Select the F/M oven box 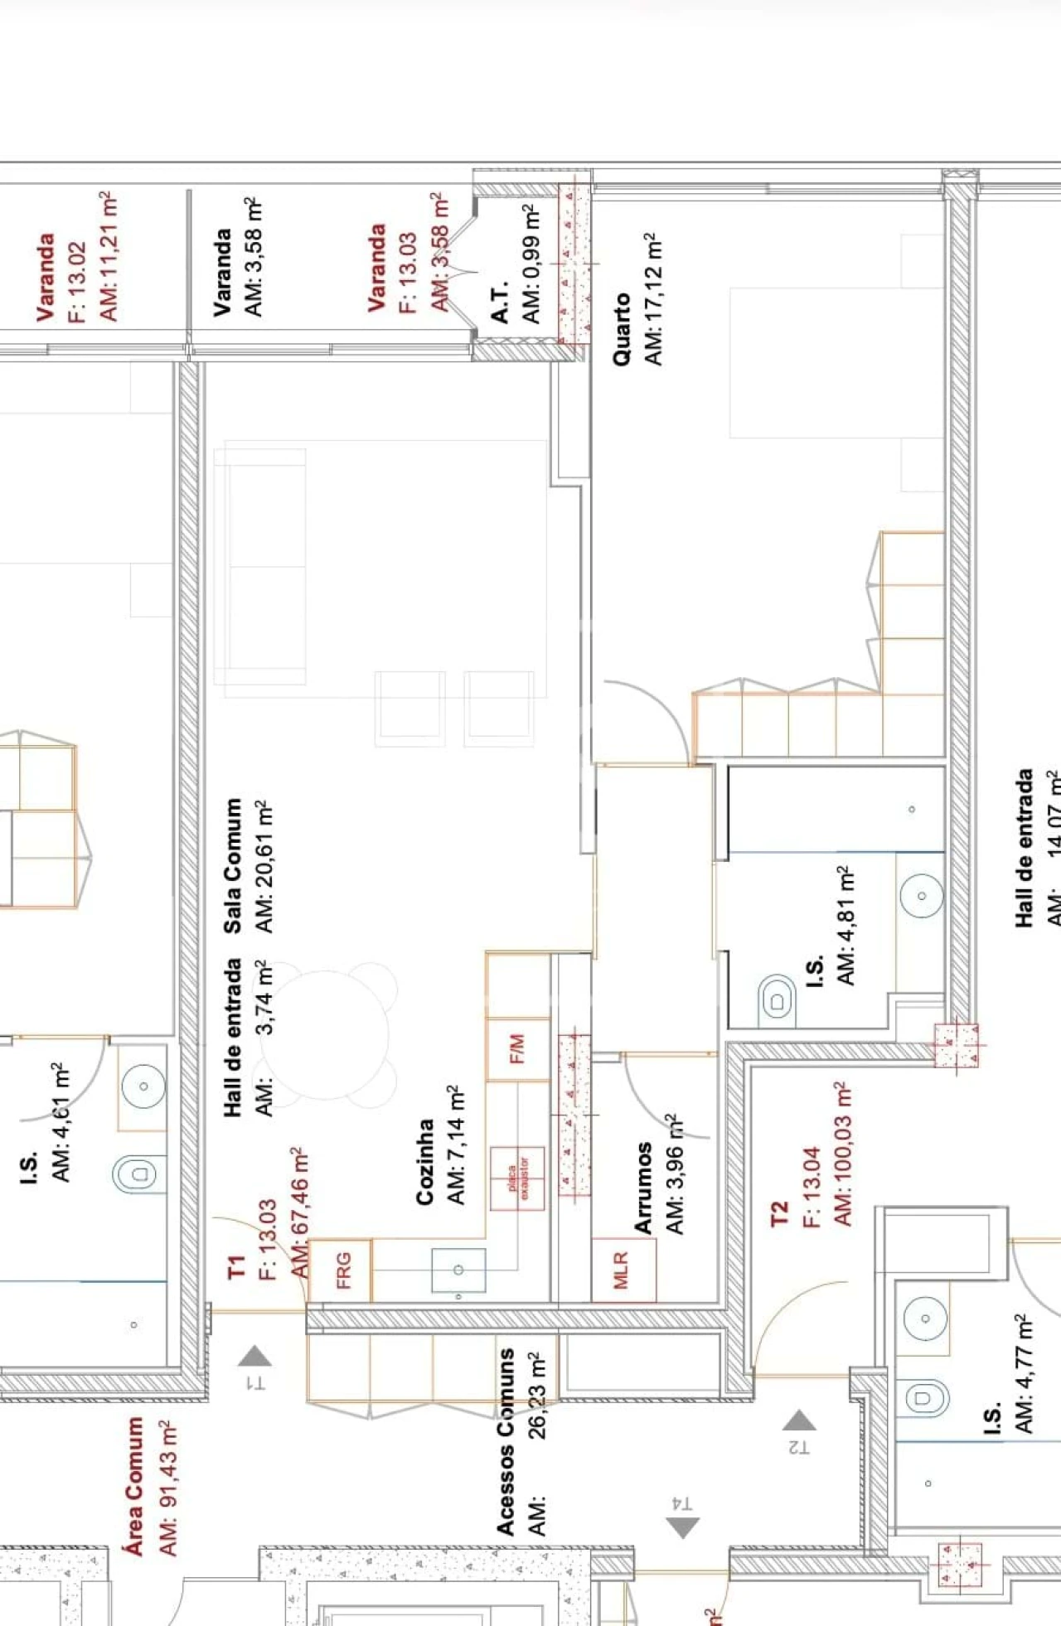(517, 1049)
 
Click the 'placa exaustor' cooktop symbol (517, 1178)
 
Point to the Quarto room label (622, 329)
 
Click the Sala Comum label (233, 865)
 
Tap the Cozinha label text (425, 1161)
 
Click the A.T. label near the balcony (500, 303)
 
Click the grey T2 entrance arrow (799, 1420)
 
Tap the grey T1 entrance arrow (254, 1356)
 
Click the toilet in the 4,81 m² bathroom (777, 1001)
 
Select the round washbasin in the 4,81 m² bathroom (921, 896)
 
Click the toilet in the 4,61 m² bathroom (138, 1174)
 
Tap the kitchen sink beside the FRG (458, 1270)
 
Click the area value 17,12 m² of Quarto (654, 298)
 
